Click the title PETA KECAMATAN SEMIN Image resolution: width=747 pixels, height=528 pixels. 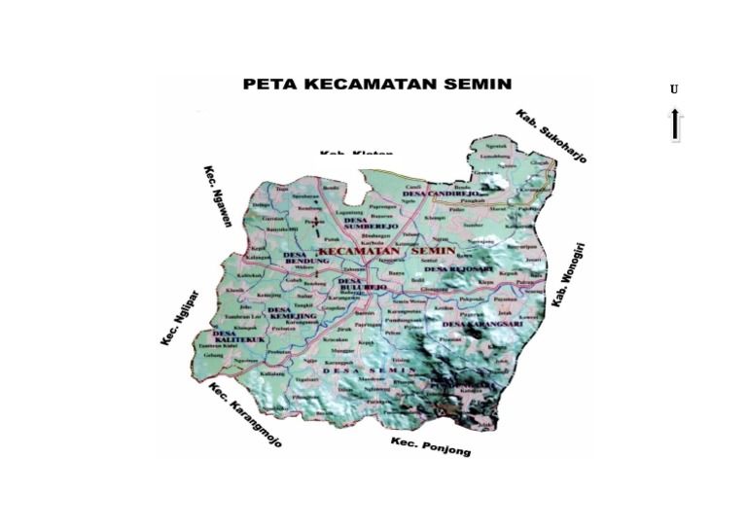click(376, 85)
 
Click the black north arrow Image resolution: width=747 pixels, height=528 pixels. click(674, 124)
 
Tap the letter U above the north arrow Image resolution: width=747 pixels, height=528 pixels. click(674, 90)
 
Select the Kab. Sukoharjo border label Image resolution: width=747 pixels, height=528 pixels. click(551, 134)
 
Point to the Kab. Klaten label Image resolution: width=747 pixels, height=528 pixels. click(356, 153)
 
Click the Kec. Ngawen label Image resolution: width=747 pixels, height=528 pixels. click(217, 195)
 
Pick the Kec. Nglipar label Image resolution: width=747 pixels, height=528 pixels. click(179, 317)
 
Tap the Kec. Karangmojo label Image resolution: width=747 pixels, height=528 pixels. click(245, 414)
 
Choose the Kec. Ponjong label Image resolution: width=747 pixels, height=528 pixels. click(430, 446)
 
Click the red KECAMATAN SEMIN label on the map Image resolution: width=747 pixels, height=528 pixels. click(387, 251)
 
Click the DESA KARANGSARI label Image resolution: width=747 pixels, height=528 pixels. click(481, 324)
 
